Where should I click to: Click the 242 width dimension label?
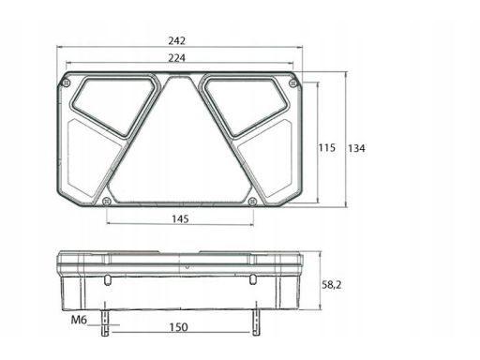pos(177,40)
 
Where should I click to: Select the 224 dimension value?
pos(177,58)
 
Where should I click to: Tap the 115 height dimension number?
pos(327,147)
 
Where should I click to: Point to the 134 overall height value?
pos(356,148)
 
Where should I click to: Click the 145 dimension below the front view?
pos(180,218)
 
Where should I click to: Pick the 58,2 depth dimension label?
pos(332,285)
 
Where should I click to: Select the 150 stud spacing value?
pos(179,327)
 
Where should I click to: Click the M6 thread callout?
pos(79,320)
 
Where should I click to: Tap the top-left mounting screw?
pos(66,82)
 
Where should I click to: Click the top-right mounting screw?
pos(292,83)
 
